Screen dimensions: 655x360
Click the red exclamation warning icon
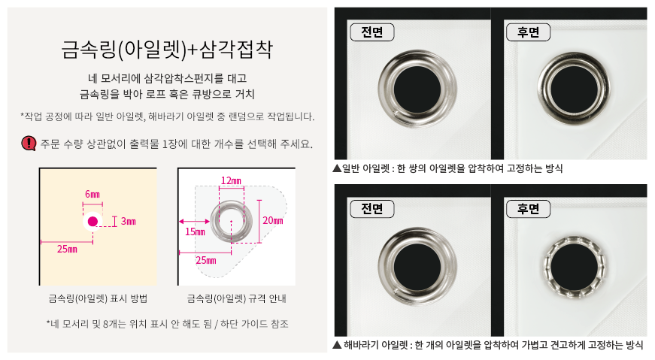click(x=29, y=144)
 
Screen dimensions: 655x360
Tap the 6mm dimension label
click(x=92, y=194)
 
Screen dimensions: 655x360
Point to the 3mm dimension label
click(x=129, y=221)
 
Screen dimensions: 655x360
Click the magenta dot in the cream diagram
click(x=92, y=222)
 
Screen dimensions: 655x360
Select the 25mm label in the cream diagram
click(x=67, y=250)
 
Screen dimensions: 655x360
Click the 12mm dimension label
click(x=231, y=180)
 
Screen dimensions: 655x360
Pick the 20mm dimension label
click(x=273, y=220)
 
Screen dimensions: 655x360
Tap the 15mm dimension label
click(x=195, y=231)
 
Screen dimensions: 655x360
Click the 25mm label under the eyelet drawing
click(x=206, y=261)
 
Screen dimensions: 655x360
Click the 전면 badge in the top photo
click(x=371, y=32)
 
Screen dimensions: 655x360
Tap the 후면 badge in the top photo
click(x=528, y=32)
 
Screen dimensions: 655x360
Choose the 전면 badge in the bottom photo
click(x=371, y=209)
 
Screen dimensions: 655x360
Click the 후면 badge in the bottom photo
click(x=528, y=209)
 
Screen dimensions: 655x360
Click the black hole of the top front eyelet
click(x=417, y=89)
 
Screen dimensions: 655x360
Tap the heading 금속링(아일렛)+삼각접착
click(x=167, y=50)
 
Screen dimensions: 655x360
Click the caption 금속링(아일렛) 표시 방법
click(x=98, y=298)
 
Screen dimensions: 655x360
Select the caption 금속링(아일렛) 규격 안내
click(x=236, y=298)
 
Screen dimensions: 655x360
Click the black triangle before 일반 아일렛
click(x=337, y=168)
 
